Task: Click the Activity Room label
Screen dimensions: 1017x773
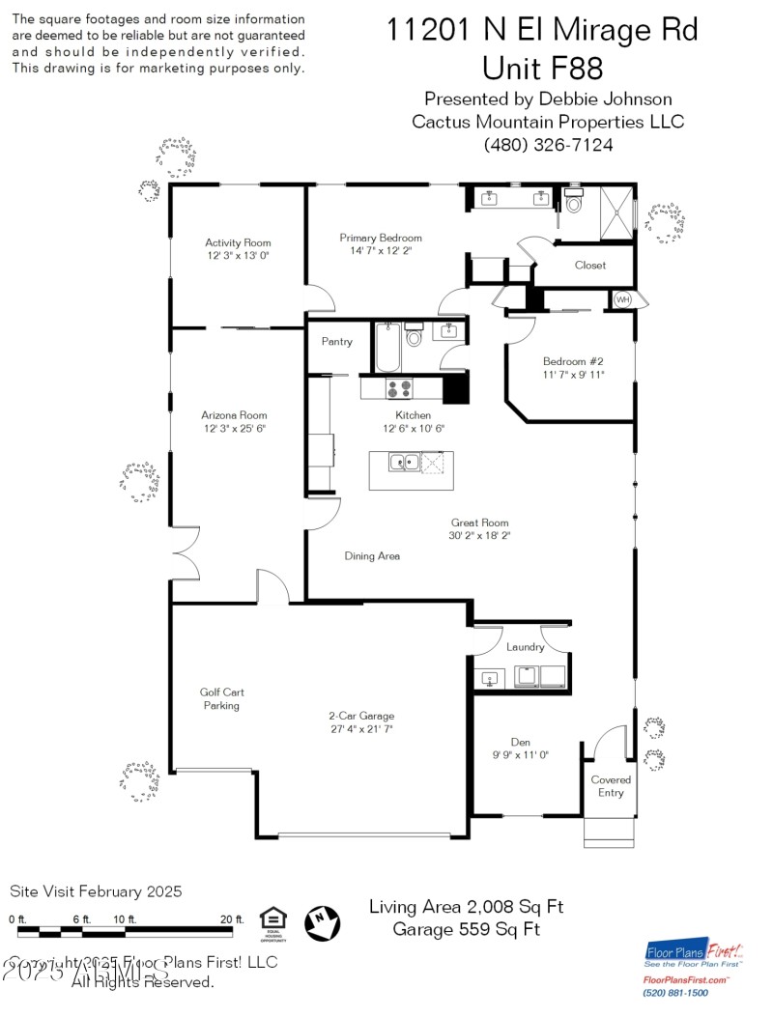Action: click(238, 242)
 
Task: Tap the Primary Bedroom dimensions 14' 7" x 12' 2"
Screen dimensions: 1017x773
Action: click(381, 251)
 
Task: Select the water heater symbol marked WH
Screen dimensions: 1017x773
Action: click(623, 300)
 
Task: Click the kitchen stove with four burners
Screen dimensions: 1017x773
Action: click(398, 388)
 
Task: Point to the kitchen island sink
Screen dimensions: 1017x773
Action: click(404, 463)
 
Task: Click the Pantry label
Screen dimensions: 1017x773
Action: click(337, 342)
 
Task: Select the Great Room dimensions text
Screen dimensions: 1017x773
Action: click(479, 536)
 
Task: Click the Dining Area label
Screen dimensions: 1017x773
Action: click(372, 556)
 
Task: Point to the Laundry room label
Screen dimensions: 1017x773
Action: click(525, 647)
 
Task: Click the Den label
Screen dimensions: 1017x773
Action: click(520, 742)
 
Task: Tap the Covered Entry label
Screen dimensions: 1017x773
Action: click(611, 786)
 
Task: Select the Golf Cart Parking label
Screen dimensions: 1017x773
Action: click(221, 698)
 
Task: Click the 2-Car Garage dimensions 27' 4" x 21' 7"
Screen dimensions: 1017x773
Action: click(360, 729)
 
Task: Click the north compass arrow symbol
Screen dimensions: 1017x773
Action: click(323, 923)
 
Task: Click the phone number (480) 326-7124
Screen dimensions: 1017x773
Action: click(548, 145)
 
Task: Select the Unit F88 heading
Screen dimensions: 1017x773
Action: click(542, 68)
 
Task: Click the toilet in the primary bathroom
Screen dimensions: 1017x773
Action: click(574, 203)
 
